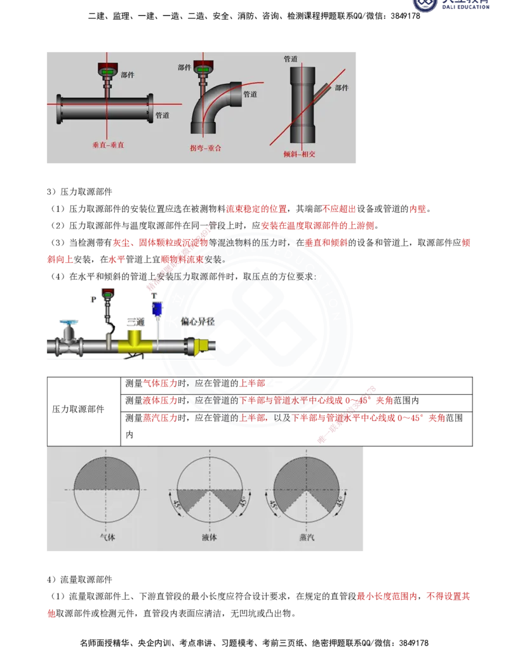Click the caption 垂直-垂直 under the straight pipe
[108, 145]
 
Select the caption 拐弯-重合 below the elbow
[205, 148]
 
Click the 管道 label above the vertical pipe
[291, 59]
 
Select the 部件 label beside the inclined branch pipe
[342, 88]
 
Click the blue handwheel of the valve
[68, 324]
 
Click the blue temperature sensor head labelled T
[156, 309]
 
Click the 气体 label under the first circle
[107, 537]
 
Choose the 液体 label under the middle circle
[209, 537]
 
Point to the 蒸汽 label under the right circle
[307, 537]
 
